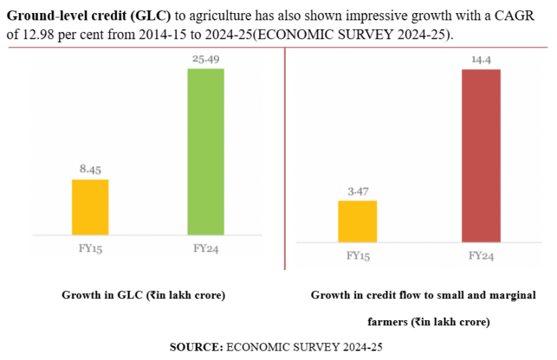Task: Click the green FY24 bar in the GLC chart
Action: [x=205, y=152]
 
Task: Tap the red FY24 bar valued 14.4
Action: [x=481, y=155]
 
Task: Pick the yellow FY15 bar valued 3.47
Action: [x=358, y=221]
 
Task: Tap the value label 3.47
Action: [x=358, y=192]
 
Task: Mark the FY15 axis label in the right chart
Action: [x=358, y=255]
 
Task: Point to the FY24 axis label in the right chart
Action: [x=481, y=255]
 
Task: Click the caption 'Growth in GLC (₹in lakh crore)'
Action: [x=144, y=295]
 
